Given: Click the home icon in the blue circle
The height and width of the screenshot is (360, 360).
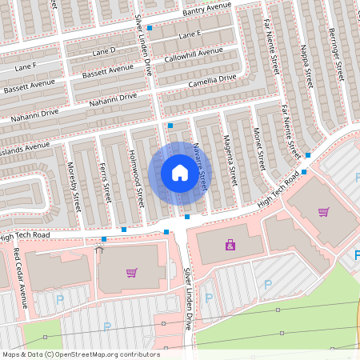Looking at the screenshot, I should click(180, 173).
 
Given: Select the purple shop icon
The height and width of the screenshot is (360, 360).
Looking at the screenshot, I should click(230, 245).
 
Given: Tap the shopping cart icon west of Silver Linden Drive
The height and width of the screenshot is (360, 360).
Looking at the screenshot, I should click(131, 272).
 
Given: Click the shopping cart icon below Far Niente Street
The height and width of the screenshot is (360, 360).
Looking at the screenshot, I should click(323, 212).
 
